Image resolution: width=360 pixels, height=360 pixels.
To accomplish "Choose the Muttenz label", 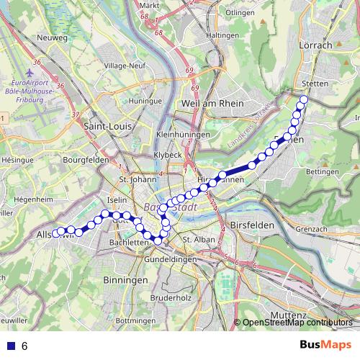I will click(x=289, y=315).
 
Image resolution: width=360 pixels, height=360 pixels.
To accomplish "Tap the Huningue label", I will click(x=144, y=102).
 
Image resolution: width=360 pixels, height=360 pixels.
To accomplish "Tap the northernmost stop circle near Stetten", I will click(x=304, y=100).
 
